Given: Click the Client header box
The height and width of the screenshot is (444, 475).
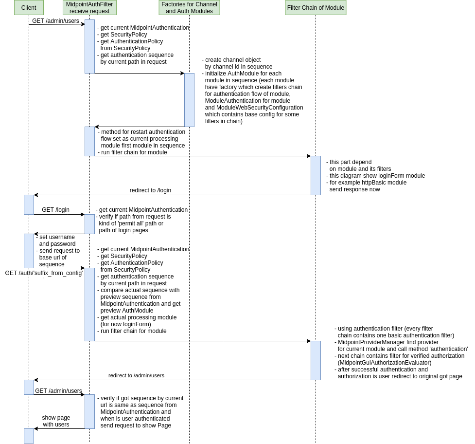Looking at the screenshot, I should (x=29, y=8).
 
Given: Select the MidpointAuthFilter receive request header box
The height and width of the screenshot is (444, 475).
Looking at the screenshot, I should (x=89, y=8).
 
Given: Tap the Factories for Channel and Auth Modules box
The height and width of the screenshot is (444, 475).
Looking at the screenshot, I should (x=189, y=8).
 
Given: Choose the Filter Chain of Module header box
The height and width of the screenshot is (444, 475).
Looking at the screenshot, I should (x=316, y=8).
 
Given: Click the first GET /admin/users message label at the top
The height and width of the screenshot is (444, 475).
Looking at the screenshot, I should (x=55, y=21).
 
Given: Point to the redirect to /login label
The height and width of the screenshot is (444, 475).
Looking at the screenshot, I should (x=150, y=190).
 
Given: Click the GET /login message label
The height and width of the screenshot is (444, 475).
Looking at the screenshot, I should (x=55, y=210).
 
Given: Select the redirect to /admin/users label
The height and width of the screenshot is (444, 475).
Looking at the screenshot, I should (x=136, y=375).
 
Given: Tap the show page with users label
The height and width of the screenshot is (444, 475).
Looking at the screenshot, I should (x=56, y=421).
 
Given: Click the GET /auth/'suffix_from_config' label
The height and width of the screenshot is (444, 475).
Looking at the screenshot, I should (x=44, y=273).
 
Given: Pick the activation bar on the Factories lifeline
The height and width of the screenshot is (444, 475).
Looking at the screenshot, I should (x=189, y=100).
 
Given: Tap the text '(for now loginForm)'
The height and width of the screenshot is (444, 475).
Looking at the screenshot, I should (x=125, y=324).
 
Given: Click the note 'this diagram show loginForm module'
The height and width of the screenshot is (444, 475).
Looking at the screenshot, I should (x=377, y=176).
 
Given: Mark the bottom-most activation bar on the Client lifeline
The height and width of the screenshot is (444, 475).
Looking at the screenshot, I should (x=29, y=436).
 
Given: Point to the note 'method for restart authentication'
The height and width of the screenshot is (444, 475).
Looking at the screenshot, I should (x=142, y=132).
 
